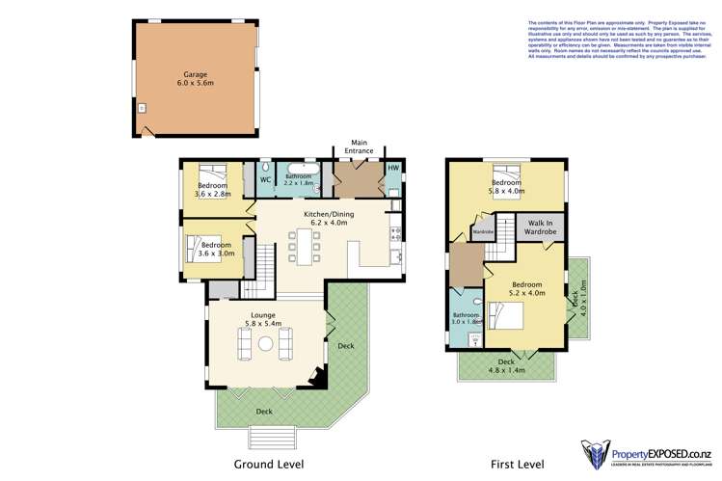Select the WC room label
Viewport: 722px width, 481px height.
point(265,179)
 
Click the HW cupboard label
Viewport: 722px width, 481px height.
point(392,168)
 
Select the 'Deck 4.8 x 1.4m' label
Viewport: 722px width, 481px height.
point(506,366)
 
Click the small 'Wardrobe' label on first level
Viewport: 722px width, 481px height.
point(483,231)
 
